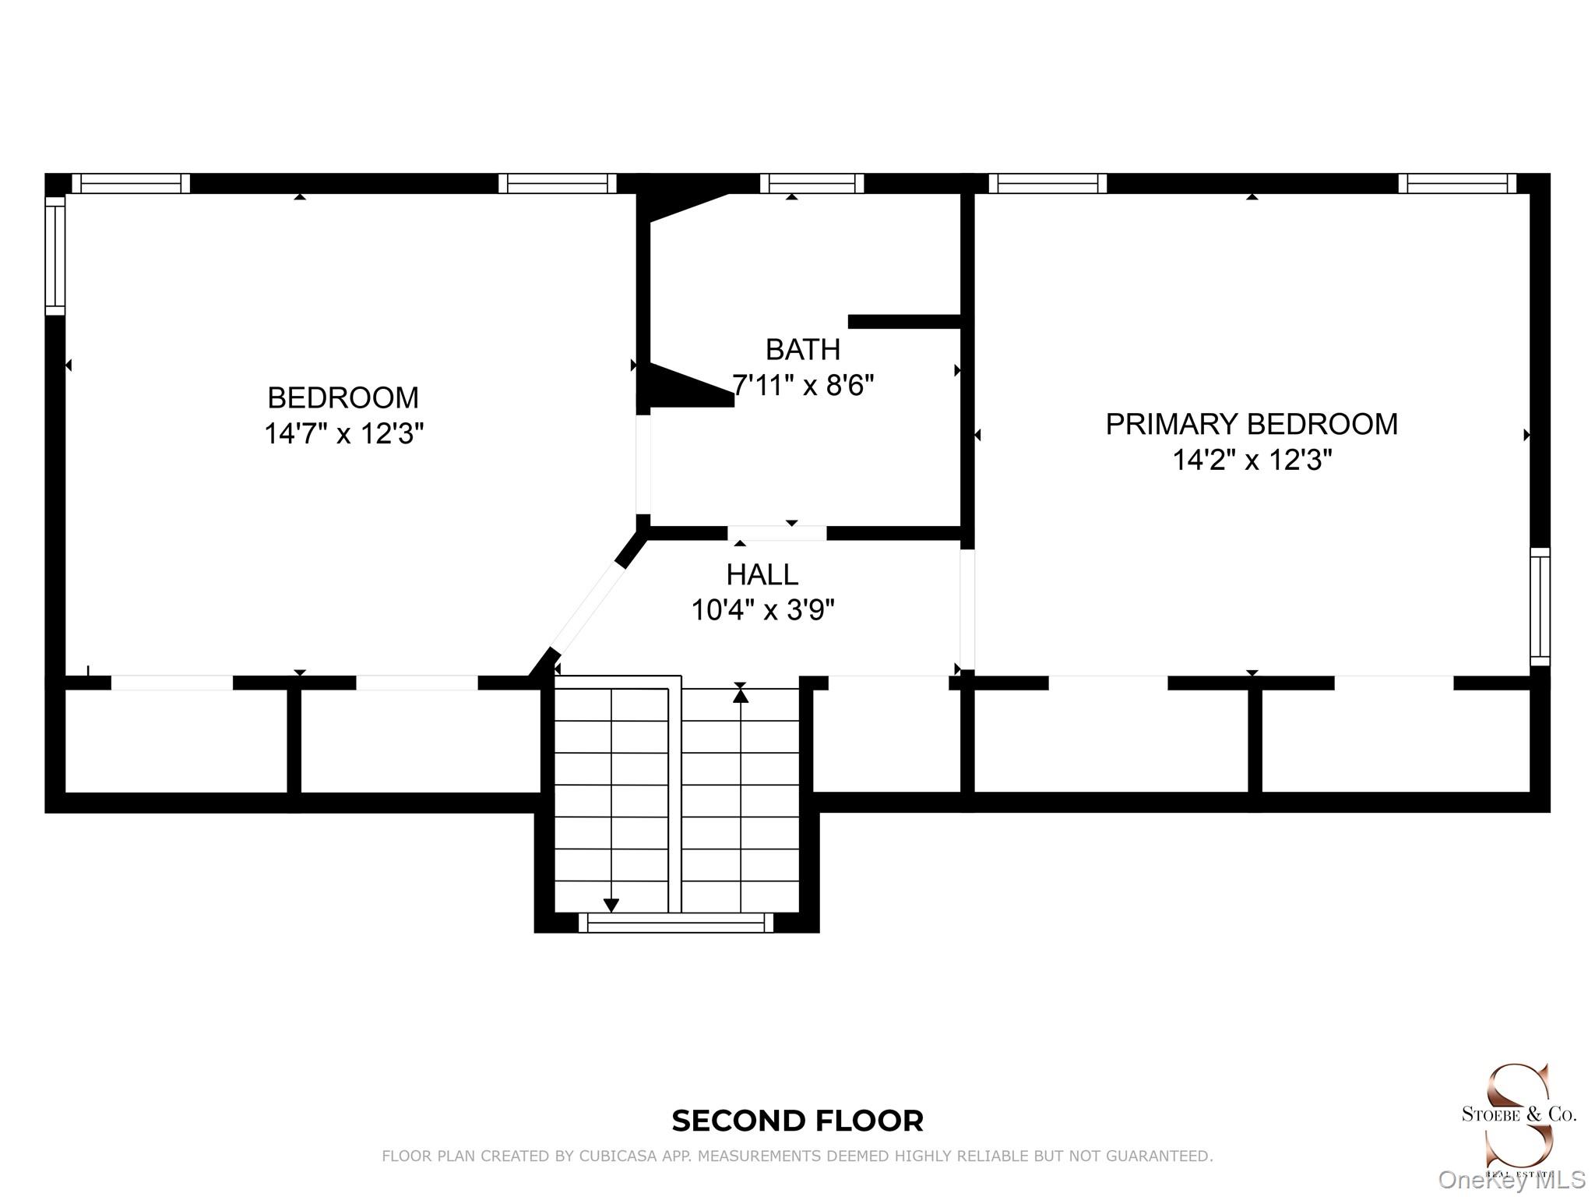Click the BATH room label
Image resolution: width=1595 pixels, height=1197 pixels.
(803, 350)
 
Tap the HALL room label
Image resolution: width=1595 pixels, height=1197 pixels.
(762, 575)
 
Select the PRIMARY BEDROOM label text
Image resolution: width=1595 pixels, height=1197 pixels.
(1252, 424)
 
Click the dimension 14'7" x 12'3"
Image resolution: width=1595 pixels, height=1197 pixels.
(343, 433)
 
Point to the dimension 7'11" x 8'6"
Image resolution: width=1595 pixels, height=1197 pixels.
(803, 385)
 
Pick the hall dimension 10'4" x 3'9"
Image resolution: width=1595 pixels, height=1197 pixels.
(762, 610)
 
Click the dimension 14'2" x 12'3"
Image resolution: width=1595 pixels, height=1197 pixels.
(1252, 460)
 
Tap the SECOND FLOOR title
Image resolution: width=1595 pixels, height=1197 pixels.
(797, 1121)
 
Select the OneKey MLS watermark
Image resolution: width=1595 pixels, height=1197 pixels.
(1512, 1181)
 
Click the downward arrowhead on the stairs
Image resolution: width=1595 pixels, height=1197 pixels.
(611, 906)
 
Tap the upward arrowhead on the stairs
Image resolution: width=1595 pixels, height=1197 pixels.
(741, 694)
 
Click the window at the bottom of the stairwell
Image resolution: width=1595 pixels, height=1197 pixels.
(676, 923)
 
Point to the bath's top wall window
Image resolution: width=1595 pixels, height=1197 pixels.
(812, 183)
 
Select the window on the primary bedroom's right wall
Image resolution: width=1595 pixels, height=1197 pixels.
(1540, 607)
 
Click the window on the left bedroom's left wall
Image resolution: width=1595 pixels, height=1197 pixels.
(55, 256)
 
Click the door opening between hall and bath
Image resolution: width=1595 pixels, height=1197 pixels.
(777, 534)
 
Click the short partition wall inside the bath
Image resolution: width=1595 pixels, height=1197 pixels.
(904, 322)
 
